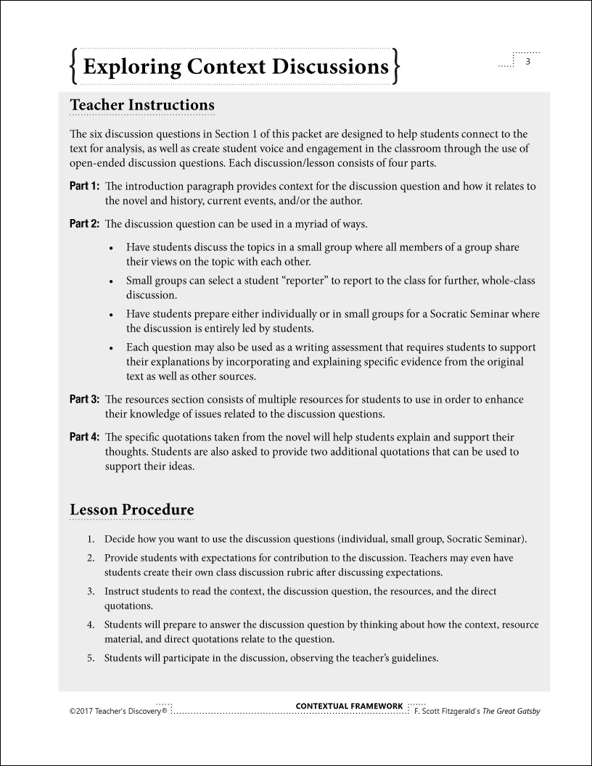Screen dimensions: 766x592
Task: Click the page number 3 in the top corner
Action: click(528, 62)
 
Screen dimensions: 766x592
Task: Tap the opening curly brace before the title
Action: click(73, 66)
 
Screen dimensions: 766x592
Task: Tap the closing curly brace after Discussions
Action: click(396, 66)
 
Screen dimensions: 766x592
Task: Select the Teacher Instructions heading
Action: click(142, 104)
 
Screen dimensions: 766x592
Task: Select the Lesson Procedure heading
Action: click(131, 509)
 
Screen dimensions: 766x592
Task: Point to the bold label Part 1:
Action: click(84, 186)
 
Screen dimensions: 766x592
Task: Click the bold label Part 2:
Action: click(84, 223)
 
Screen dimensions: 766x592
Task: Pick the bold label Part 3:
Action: click(84, 400)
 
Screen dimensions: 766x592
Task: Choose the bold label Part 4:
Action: click(84, 437)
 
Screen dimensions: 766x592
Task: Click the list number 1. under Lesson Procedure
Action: click(91, 540)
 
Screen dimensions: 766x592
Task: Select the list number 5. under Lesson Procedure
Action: click(91, 659)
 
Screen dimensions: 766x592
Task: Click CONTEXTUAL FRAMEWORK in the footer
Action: click(349, 706)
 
